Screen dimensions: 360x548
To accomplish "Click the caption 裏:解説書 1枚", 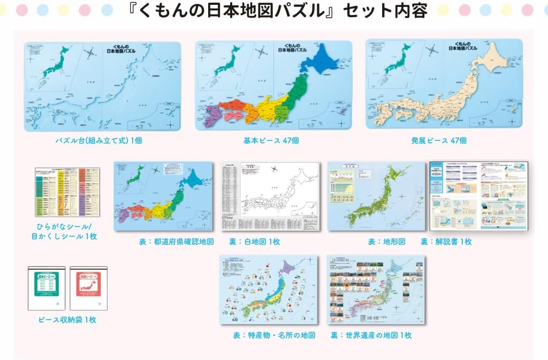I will click(446, 242).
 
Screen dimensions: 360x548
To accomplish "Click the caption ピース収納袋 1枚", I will click(67, 320).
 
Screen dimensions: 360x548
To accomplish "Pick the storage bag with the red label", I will click(88, 288).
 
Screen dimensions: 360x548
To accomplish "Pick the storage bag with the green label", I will click(47, 288).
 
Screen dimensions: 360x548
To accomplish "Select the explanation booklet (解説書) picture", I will click(479, 196).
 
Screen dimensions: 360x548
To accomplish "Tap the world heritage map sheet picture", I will click(376, 289).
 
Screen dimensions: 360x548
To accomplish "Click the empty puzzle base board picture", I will click(102, 86).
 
